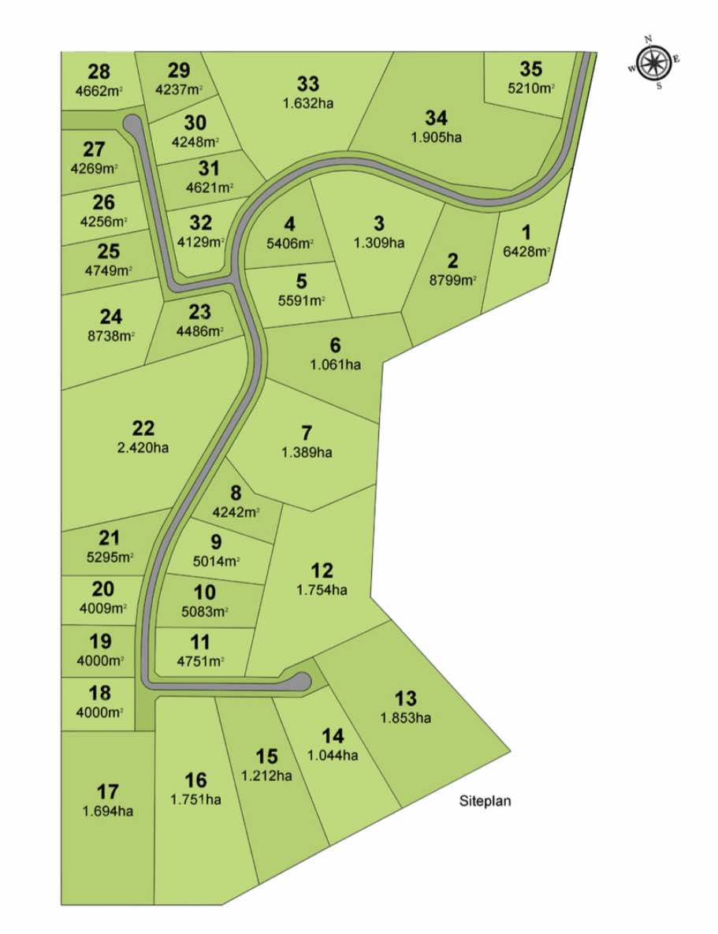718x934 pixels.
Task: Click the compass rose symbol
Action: coord(653,62)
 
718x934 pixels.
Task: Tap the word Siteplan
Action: coord(485,802)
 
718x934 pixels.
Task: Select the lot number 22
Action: coord(143,429)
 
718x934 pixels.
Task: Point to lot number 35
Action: coord(531,69)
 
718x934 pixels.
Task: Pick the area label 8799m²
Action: coord(453,279)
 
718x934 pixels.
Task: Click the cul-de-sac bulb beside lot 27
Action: coord(132,124)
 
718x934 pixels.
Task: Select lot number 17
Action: coord(108,791)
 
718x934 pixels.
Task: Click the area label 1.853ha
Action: coord(406,718)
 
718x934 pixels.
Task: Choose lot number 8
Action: coord(236,493)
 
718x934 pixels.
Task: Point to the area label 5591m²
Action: coord(302,300)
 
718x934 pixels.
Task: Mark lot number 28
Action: coord(99,72)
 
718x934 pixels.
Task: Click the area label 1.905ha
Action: coord(436,137)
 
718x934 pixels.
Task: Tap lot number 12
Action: coord(322,571)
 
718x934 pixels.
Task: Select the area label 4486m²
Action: coord(200,331)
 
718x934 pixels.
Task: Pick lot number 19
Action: coord(101,641)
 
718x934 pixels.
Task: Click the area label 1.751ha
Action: coord(195,799)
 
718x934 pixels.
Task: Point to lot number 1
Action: coord(526,233)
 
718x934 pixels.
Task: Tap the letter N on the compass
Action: coord(649,39)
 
